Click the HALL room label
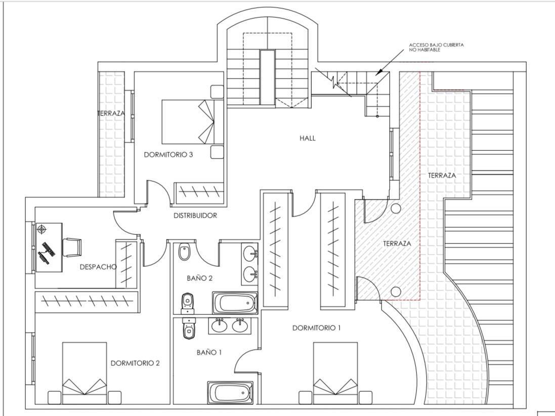307,138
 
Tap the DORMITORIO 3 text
168,155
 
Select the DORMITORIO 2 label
135,363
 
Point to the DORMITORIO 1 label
316,328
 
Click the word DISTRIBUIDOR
195,216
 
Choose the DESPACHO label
98,267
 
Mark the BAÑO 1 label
209,352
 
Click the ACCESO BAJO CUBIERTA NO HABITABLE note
436,47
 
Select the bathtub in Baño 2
235,303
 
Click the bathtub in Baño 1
230,392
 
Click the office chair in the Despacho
72,247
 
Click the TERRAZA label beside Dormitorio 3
111,114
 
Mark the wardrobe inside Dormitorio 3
199,192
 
